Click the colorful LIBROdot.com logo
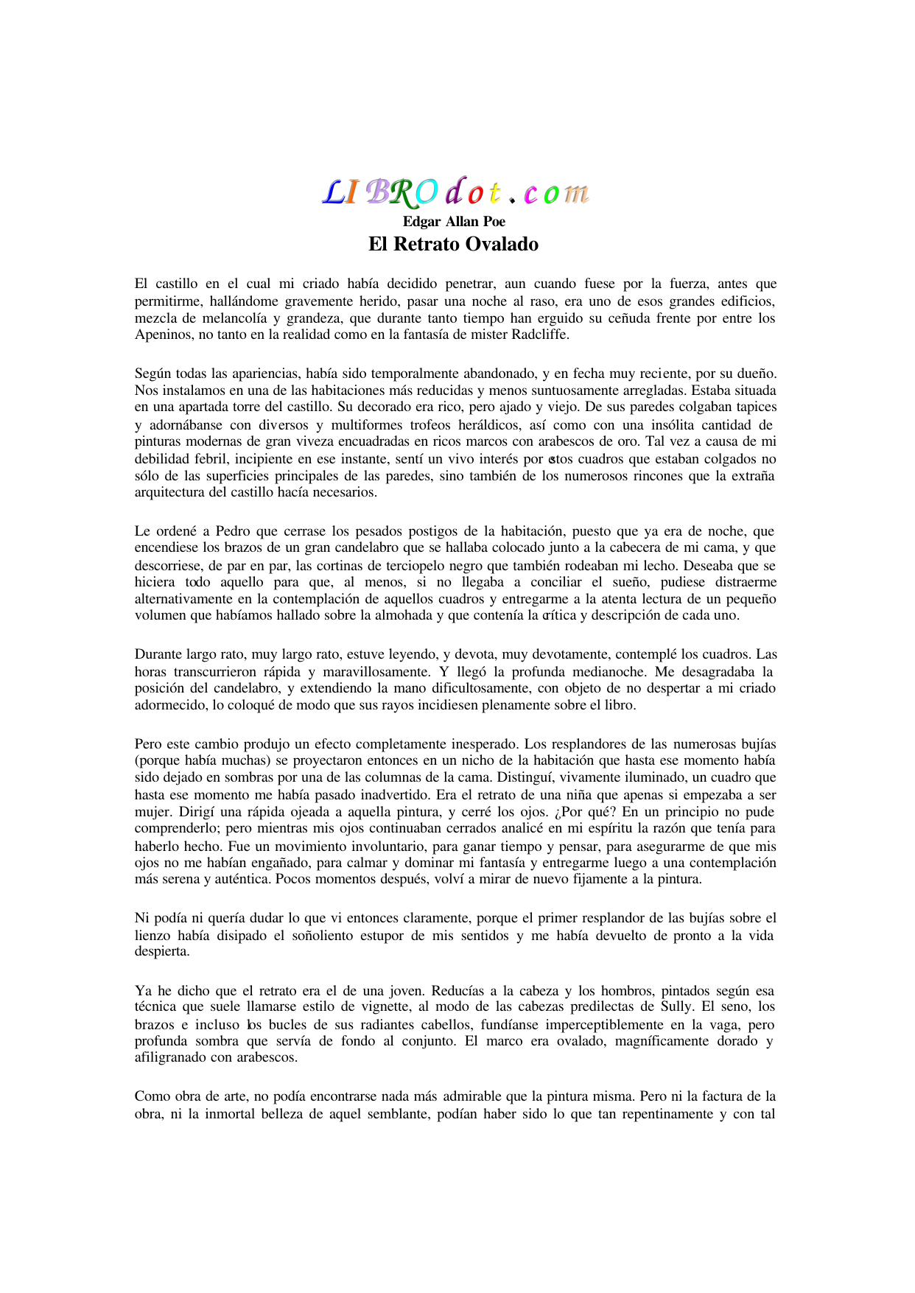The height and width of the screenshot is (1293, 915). [455, 192]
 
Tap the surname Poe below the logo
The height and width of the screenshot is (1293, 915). [493, 222]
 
